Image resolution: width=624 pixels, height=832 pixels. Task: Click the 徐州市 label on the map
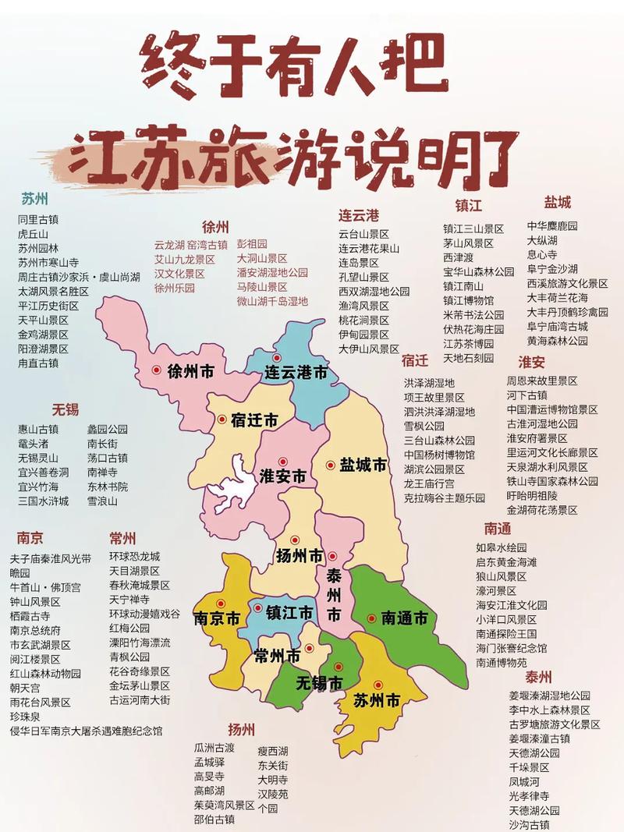(x=190, y=372)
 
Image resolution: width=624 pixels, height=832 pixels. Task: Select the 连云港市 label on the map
(x=296, y=373)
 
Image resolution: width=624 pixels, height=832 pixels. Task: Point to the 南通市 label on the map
(x=405, y=618)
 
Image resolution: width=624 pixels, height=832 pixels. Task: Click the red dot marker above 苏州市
(x=378, y=685)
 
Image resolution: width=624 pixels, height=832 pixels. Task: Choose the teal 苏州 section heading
(x=34, y=198)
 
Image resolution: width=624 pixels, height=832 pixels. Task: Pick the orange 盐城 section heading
(x=558, y=203)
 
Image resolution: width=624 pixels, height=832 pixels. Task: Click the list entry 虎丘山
(x=34, y=234)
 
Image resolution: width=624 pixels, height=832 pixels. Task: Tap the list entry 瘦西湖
(x=273, y=751)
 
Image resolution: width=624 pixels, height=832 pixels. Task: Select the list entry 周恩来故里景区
(x=542, y=381)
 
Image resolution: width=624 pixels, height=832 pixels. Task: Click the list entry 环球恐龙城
(x=134, y=557)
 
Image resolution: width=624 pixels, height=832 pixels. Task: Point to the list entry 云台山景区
(x=363, y=234)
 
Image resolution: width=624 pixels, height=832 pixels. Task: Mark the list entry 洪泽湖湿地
(x=429, y=383)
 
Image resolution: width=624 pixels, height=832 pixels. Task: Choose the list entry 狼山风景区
(x=502, y=576)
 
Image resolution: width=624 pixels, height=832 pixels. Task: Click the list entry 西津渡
(x=459, y=257)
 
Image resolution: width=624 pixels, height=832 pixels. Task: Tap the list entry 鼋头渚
(x=34, y=444)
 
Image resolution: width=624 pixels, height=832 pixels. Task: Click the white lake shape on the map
(x=234, y=483)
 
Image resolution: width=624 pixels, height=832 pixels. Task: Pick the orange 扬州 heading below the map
(x=242, y=730)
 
